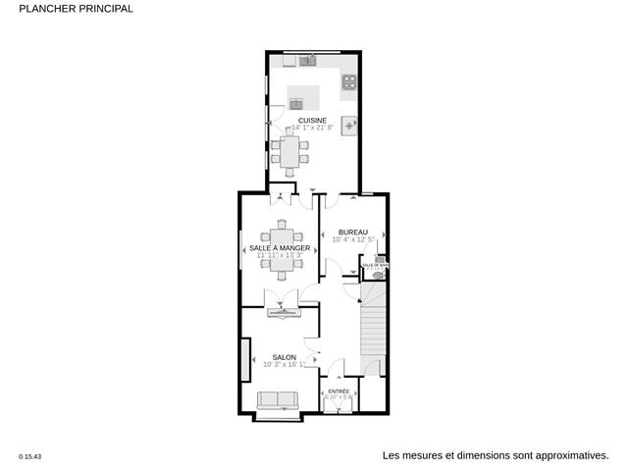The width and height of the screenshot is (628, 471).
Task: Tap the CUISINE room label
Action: point(313,120)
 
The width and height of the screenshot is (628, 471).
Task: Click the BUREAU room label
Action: point(353,232)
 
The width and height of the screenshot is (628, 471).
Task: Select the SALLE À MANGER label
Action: point(280,248)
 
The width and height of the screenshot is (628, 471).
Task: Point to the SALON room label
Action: point(285,357)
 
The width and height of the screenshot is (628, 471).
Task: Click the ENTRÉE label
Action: point(339,391)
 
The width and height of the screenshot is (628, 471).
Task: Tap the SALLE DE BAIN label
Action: point(376,265)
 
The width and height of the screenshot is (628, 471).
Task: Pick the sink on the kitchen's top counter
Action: point(307,62)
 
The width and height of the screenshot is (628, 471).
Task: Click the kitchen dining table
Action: point(289,151)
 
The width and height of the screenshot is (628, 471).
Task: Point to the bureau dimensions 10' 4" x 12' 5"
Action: point(353,239)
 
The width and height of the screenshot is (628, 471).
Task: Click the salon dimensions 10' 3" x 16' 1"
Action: point(285,365)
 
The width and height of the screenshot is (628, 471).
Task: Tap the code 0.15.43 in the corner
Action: point(31,456)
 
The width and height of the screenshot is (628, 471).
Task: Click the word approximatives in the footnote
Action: point(565,455)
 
